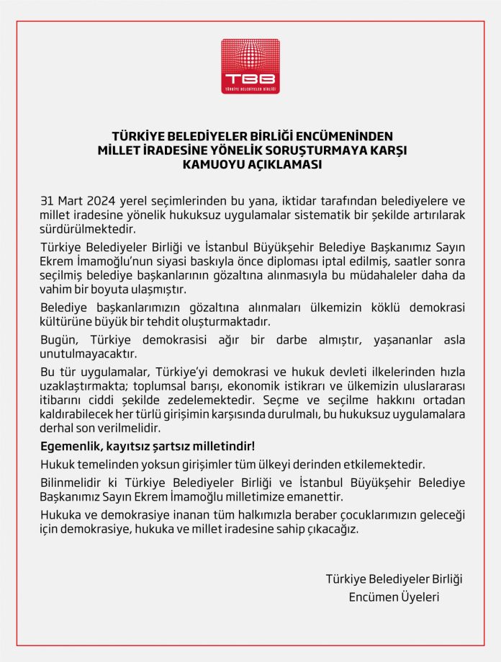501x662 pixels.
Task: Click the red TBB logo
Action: pyautogui.click(x=250, y=66)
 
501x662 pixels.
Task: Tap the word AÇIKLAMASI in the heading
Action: pyautogui.click(x=279, y=164)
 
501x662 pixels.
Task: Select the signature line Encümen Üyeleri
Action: pyautogui.click(x=394, y=597)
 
